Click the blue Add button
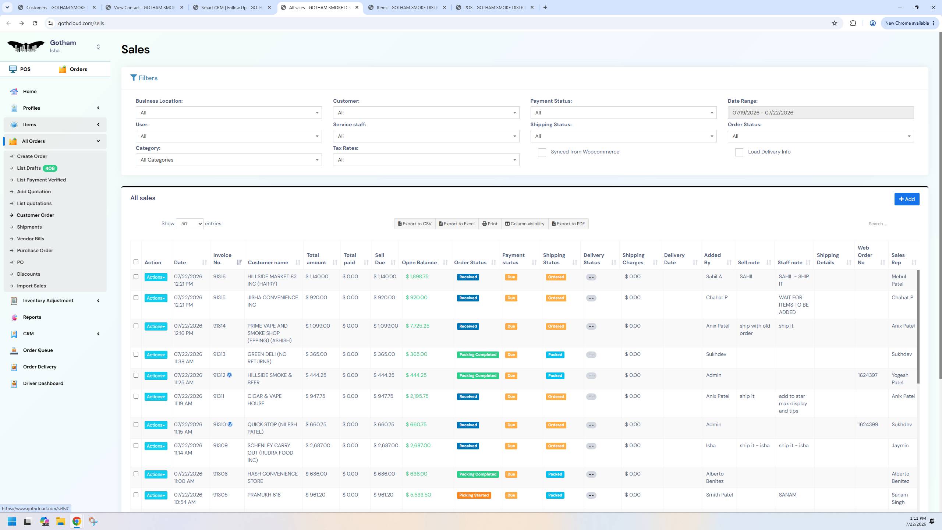pos(907,199)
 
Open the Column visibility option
pos(525,224)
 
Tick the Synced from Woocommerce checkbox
pos(542,152)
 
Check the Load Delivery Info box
pos(739,152)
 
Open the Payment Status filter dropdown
pos(623,113)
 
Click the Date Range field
pos(821,113)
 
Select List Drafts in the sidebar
pos(29,168)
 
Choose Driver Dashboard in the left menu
pos(43,383)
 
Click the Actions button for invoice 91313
pos(156,355)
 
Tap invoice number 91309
pos(220,445)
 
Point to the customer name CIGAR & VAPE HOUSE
pos(265,400)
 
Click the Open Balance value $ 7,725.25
pos(417,326)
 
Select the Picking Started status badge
pos(474,495)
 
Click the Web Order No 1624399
pos(868,424)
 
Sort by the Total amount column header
pos(316,259)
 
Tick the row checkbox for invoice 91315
pos(136,298)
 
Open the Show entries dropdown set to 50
pos(190,224)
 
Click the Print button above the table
pos(490,224)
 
